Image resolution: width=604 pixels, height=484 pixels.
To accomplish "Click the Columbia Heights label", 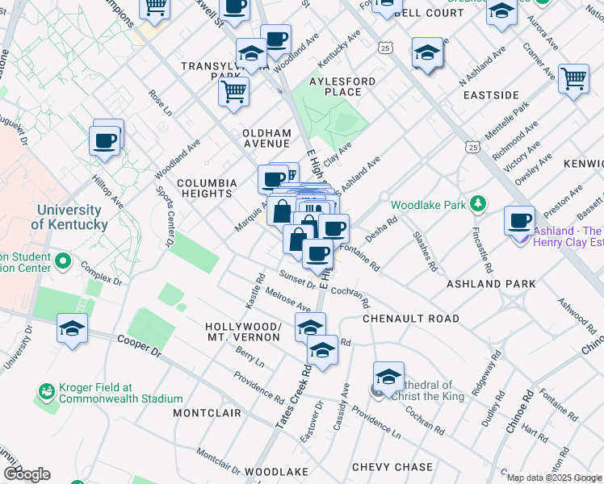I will point(207,188).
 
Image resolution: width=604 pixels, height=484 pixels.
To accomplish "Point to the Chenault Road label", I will point(411,319).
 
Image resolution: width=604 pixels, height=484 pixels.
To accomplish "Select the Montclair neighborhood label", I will point(208,413).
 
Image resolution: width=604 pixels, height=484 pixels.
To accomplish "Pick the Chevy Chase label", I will point(392,467).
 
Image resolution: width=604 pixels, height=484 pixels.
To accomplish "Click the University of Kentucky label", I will point(73,217).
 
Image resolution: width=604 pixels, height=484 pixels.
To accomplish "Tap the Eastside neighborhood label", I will point(491,95).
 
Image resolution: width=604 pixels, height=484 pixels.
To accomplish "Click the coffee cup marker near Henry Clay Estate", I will point(519,219).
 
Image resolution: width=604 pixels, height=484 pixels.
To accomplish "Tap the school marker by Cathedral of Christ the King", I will point(388,375).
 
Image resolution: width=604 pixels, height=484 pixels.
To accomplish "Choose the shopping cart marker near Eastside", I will point(573,78).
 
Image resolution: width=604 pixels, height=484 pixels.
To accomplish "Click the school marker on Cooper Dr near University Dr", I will point(72,328).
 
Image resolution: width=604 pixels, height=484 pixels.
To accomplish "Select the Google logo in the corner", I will point(27,474).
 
